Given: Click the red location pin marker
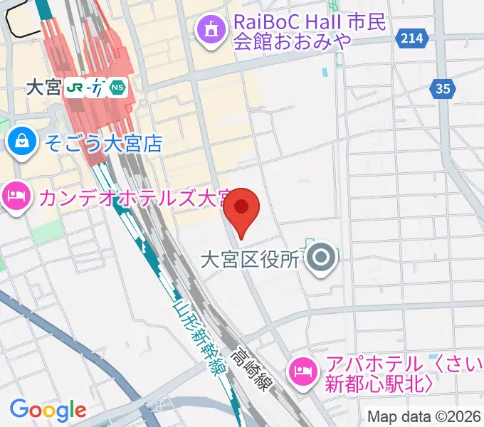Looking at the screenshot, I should [x=242, y=208].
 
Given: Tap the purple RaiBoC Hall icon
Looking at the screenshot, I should [x=211, y=30].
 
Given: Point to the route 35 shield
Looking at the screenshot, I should [x=443, y=88].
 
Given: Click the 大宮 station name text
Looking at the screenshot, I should [x=43, y=88].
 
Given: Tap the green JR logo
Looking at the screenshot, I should [x=75, y=88].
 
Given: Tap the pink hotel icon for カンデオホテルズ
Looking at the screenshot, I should [x=15, y=194].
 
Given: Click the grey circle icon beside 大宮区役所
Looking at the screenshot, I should [x=322, y=257].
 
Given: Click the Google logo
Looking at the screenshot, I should [x=48, y=410].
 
